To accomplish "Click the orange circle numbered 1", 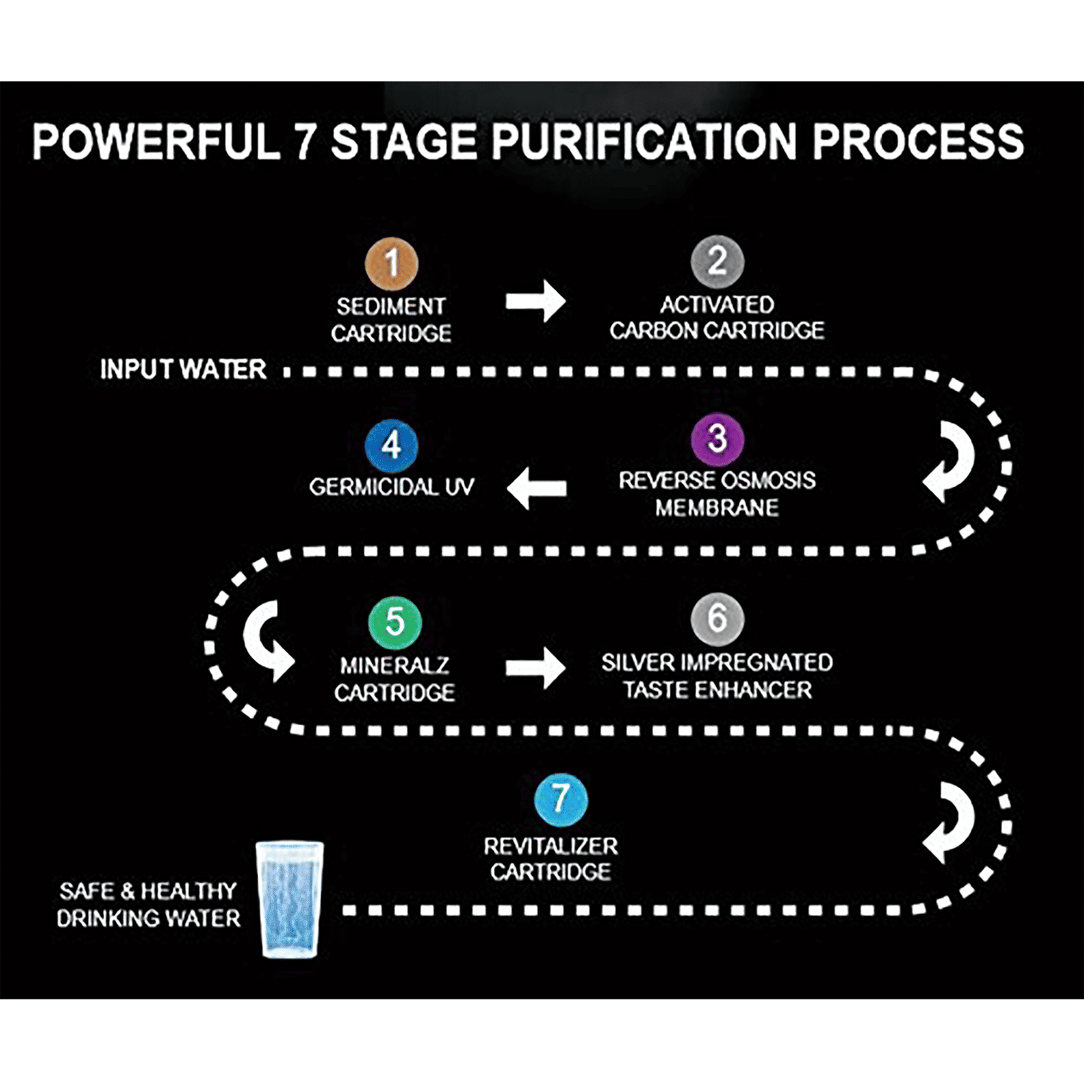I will (x=392, y=263).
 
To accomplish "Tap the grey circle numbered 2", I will (x=717, y=261).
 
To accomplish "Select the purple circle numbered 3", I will (x=717, y=439).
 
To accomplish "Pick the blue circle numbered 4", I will (x=391, y=446).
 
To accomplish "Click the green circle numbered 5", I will (x=394, y=622).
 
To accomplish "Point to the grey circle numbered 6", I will (x=717, y=619).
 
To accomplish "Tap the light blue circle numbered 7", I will (x=560, y=799).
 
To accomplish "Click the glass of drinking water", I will (x=290, y=899).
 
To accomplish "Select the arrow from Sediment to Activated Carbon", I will (x=535, y=301).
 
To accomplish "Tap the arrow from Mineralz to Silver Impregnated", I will (x=535, y=668).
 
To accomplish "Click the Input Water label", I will (x=183, y=370).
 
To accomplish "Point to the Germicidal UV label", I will (x=392, y=487).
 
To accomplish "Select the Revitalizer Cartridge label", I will (x=551, y=859).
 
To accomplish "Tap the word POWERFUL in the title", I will (x=157, y=142).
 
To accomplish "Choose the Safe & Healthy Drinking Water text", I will (x=148, y=904).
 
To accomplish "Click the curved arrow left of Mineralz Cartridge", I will (x=268, y=640).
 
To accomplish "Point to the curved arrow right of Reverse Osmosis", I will (x=950, y=461).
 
